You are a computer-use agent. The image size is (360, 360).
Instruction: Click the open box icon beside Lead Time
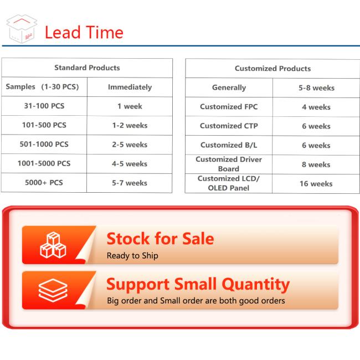(22, 29)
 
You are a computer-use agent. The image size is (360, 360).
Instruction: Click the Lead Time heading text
(84, 32)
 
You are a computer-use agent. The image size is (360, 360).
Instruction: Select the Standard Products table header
(87, 68)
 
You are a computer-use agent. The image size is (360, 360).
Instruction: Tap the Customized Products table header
(272, 69)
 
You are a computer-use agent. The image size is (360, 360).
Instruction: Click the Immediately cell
(130, 87)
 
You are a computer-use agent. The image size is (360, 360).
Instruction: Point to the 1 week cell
(130, 106)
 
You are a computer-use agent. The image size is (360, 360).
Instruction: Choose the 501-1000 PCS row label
(44, 144)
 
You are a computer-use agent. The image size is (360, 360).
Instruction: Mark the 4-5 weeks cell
(130, 164)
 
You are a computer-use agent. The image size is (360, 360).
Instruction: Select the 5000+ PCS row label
(44, 183)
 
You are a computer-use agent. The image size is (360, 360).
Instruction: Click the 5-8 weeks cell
(316, 88)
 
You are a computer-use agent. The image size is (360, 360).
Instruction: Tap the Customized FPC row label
(229, 106)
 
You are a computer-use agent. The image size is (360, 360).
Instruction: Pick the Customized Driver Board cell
(229, 164)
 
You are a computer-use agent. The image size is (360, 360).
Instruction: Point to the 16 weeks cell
(316, 184)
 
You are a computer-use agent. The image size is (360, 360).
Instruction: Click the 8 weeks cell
(316, 164)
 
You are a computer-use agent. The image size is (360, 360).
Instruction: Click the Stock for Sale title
(160, 239)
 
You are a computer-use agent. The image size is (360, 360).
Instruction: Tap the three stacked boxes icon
(53, 245)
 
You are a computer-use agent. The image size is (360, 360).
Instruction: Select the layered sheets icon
(53, 290)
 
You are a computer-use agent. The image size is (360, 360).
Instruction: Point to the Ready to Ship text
(132, 256)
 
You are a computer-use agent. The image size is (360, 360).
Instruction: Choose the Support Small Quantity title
(198, 285)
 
